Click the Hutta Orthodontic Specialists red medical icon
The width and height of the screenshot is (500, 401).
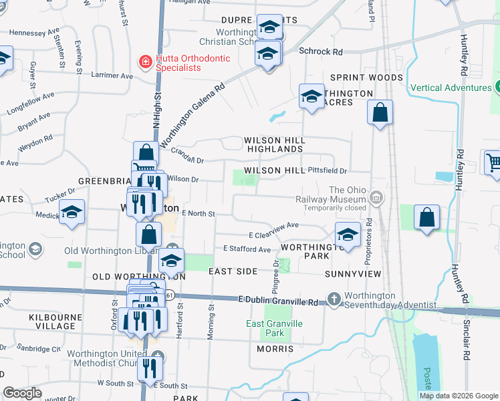point(144,62)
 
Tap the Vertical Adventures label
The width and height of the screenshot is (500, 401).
point(451,88)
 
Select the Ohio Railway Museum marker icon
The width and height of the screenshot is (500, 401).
point(376,198)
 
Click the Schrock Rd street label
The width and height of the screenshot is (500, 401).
point(320,51)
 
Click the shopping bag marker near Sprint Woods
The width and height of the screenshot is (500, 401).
point(380,114)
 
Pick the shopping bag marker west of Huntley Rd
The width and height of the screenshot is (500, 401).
point(426,219)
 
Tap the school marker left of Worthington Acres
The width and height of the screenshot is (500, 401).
point(311,98)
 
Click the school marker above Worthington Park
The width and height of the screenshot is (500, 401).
point(347,235)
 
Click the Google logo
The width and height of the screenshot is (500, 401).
point(22,393)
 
